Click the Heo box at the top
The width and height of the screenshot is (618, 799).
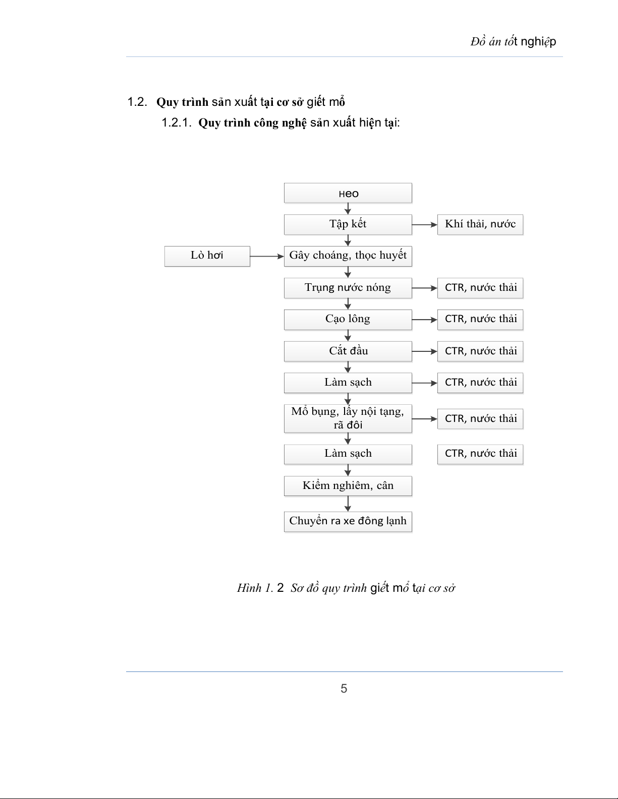click(348, 193)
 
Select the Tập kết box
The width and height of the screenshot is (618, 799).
click(348, 224)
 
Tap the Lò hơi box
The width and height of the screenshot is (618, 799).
click(207, 256)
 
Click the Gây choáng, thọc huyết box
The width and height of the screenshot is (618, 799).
click(348, 256)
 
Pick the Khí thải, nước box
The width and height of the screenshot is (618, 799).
click(480, 224)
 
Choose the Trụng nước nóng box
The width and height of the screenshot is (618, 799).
click(348, 288)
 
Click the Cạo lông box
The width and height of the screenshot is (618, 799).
click(348, 319)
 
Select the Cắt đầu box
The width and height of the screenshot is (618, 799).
click(348, 351)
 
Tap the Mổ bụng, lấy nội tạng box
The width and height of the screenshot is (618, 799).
click(348, 418)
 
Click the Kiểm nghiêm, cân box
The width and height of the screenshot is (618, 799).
click(348, 485)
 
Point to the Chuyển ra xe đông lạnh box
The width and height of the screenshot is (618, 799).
click(348, 521)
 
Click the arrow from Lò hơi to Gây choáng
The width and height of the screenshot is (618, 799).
click(267, 256)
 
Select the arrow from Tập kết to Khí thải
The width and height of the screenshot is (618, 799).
click(424, 225)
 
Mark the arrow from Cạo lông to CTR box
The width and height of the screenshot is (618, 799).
click(424, 320)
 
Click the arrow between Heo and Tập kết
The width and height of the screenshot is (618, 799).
click(348, 209)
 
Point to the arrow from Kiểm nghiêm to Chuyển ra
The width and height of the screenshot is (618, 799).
click(348, 504)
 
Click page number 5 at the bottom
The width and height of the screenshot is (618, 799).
click(344, 689)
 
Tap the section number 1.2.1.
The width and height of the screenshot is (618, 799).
click(176, 122)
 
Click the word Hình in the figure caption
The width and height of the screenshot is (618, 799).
click(249, 588)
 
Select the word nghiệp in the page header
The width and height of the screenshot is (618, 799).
click(538, 42)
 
